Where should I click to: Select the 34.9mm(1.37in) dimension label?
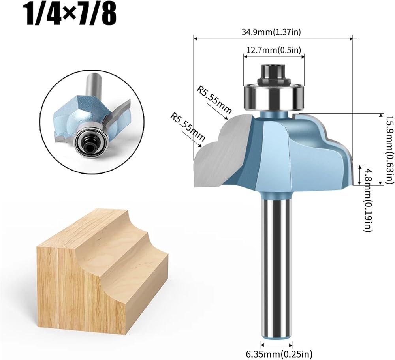coord(271,32)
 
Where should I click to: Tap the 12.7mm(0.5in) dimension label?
coord(274,50)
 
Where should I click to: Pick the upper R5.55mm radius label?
coord(214,100)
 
